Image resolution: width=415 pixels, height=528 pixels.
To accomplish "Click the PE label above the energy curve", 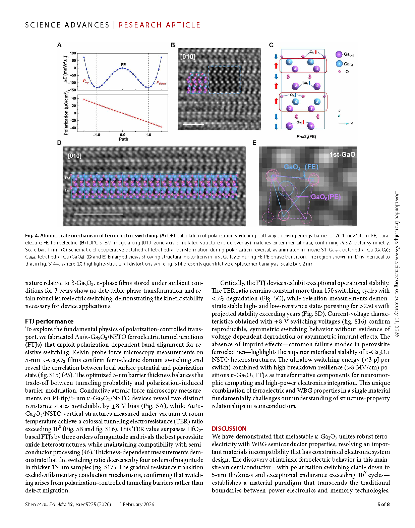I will pyautogui.click(x=123, y=64).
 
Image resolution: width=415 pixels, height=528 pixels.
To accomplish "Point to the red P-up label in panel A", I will pyautogui.click(x=86, y=81).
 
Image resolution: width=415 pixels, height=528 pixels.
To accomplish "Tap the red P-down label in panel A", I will pyautogui.click(x=161, y=83).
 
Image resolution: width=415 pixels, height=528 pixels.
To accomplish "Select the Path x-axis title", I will pyautogui.click(x=123, y=139).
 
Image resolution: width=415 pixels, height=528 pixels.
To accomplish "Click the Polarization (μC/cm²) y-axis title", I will pyautogui.click(x=66, y=114).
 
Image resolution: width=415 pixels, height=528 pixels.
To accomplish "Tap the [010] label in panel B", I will pyautogui.click(x=188, y=57).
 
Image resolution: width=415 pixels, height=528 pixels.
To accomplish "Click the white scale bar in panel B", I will pyautogui.click(x=193, y=124).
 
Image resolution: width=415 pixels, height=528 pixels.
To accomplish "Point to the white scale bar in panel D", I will pyautogui.click(x=98, y=214).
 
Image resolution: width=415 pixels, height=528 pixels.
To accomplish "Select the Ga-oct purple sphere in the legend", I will pyautogui.click(x=339, y=54).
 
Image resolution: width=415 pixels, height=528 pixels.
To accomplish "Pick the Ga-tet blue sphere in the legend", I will pyautogui.click(x=339, y=64).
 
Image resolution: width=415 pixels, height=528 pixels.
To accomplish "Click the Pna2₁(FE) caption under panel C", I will pyautogui.click(x=306, y=136).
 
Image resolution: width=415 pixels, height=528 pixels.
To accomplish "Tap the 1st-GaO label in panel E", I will pyautogui.click(x=342, y=155).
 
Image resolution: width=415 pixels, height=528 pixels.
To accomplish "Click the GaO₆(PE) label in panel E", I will pyautogui.click(x=325, y=197).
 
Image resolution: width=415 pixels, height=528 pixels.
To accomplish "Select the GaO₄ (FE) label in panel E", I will pyautogui.click(x=301, y=167).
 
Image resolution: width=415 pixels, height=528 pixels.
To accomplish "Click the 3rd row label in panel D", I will pyautogui.click(x=67, y=191).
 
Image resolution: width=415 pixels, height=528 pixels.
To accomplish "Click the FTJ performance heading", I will pyautogui.click(x=49, y=321).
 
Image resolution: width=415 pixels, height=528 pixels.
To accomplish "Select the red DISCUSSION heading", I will pyautogui.click(x=229, y=428).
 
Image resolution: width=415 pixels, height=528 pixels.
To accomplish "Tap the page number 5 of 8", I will pyautogui.click(x=383, y=504).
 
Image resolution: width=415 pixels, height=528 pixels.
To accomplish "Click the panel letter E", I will pyautogui.click(x=254, y=143).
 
